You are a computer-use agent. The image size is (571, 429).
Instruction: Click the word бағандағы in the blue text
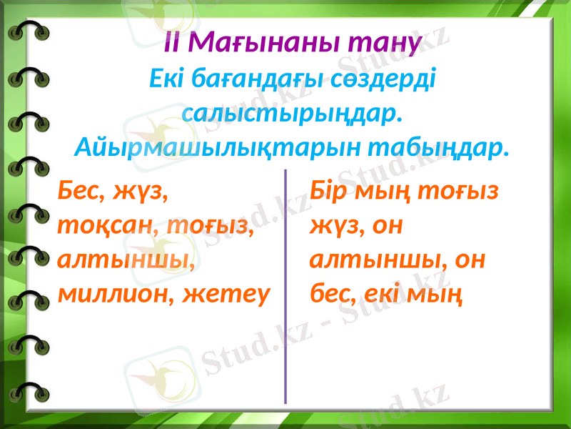click(261, 78)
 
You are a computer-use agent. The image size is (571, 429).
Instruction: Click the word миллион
click(110, 292)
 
